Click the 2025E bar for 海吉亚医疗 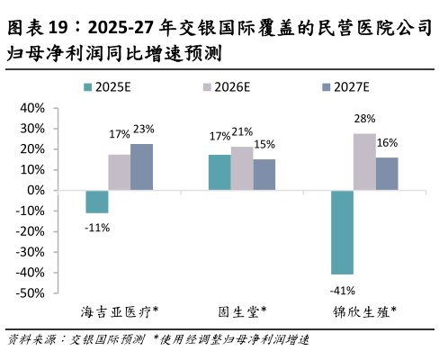pos(97,202)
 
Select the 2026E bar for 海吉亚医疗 pos(119,173)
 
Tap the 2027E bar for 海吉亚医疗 pos(141,166)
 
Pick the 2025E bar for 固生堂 pos(219,173)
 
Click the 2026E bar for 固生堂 pos(241,168)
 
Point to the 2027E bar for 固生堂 pos(264,175)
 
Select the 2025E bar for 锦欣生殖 pos(342,232)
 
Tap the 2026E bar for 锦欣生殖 pos(364,162)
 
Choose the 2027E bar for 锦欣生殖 pos(386,174)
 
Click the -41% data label pos(343,290)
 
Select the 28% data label pos(364,118)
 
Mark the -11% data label pos(97,228)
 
